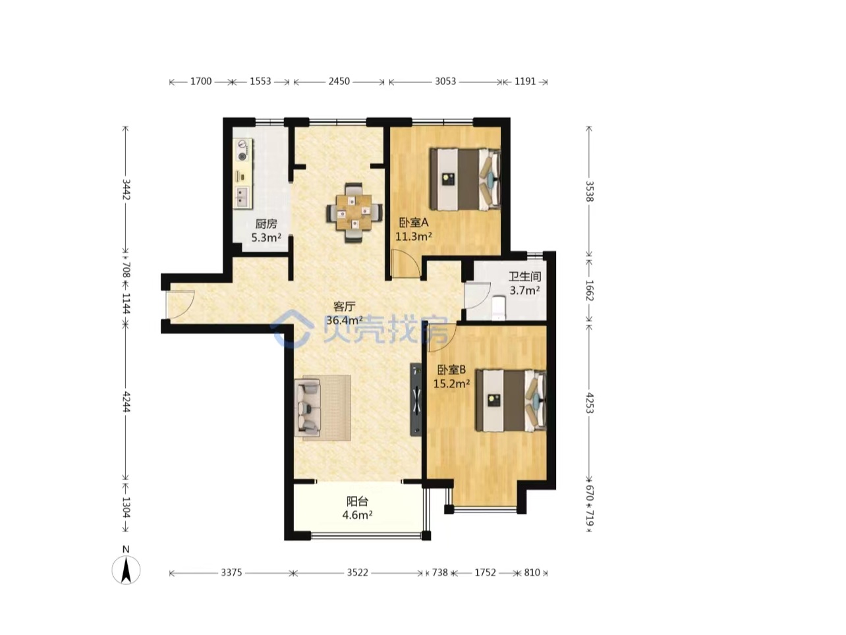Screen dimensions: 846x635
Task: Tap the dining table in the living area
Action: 354,213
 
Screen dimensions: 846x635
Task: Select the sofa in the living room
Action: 307,407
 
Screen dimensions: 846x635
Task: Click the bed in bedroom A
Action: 465,180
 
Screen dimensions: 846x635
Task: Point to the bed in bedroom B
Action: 511,400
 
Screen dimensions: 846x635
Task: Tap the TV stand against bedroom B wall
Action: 416,399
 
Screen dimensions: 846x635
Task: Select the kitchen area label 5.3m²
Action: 266,237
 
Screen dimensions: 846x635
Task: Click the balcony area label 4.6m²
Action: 357,514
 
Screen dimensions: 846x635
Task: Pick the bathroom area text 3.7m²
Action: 524,290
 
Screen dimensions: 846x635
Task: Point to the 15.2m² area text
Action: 451,383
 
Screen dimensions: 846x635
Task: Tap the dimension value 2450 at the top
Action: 339,81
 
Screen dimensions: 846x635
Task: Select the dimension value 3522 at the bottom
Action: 357,572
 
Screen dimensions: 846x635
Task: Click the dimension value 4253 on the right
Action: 589,403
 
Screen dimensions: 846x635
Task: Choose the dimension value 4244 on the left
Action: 126,402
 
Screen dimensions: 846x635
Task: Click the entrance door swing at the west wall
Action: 180,304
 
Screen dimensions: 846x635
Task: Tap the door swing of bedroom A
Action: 406,263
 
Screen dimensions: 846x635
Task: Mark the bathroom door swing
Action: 477,295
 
